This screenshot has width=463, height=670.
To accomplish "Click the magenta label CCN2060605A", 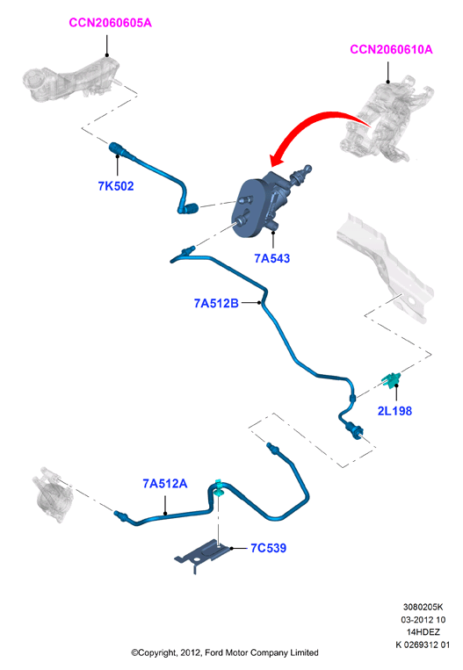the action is (111, 23).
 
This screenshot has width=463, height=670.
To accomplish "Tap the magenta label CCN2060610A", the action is (391, 49).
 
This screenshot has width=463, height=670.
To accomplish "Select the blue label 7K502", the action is (116, 186).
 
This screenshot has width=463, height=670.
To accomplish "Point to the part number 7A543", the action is (271, 258).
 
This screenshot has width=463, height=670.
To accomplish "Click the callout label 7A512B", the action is (216, 303).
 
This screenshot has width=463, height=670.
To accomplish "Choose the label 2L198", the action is (394, 411).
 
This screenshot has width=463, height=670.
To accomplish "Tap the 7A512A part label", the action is (164, 483).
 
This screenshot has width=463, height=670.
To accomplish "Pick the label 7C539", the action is (269, 548).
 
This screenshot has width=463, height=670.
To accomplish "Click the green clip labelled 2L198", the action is (391, 379).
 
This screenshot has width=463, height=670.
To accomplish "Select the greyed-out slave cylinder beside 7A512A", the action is (52, 494).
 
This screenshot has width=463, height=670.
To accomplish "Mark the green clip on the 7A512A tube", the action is (219, 488).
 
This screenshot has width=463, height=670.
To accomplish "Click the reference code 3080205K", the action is (423, 607).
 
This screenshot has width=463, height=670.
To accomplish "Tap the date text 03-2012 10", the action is (423, 620).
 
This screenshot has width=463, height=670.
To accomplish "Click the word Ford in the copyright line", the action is (213, 652).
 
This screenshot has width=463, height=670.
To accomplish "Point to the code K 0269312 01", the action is (423, 645).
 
